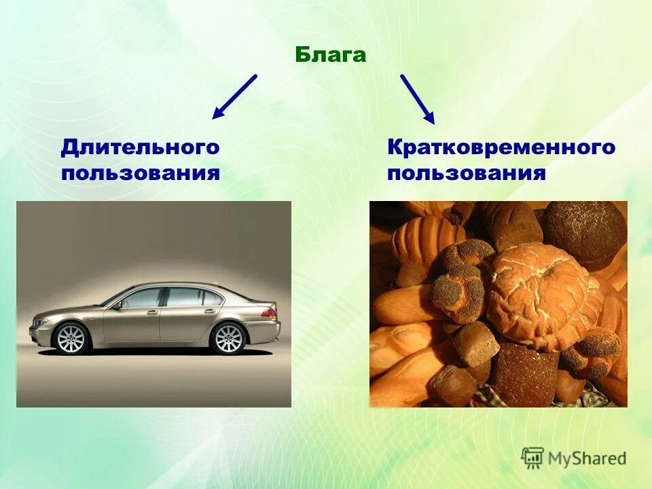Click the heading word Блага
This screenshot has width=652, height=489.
point(331,55)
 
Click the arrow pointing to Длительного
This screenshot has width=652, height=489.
point(235,96)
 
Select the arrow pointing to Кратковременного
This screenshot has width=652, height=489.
point(417,99)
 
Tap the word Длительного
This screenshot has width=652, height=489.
point(141,147)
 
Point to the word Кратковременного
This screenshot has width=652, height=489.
point(501,147)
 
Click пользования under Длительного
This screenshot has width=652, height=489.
point(141,172)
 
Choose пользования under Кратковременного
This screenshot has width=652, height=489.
point(467,172)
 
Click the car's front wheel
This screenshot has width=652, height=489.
point(71,338)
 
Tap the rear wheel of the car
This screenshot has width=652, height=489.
point(228,338)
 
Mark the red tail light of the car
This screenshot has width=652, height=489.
point(269,314)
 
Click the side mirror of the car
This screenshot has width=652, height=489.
point(118,305)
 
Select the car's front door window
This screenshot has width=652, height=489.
point(143,297)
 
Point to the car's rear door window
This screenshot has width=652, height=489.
point(186,297)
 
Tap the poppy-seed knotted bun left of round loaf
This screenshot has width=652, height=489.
point(457,278)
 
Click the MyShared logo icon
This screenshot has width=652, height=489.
point(532,458)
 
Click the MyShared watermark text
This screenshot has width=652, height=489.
point(587,458)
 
